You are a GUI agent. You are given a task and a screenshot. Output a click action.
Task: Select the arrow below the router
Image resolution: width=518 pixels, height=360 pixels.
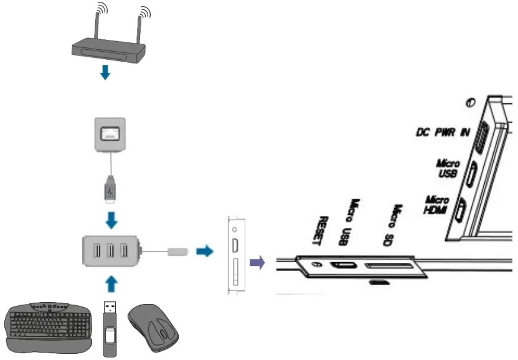[x=106, y=72]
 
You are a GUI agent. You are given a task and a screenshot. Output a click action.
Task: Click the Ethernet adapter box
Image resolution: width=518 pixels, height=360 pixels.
[x=110, y=135]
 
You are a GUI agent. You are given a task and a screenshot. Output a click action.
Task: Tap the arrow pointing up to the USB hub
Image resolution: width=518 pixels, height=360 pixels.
[x=110, y=284]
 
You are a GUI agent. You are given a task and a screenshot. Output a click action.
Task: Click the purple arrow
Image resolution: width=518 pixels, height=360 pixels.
[x=256, y=262]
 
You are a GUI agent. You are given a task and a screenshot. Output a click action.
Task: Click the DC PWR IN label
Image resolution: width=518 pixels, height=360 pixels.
[x=442, y=133]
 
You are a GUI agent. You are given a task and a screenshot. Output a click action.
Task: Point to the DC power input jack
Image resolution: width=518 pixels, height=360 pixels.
[x=479, y=136]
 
